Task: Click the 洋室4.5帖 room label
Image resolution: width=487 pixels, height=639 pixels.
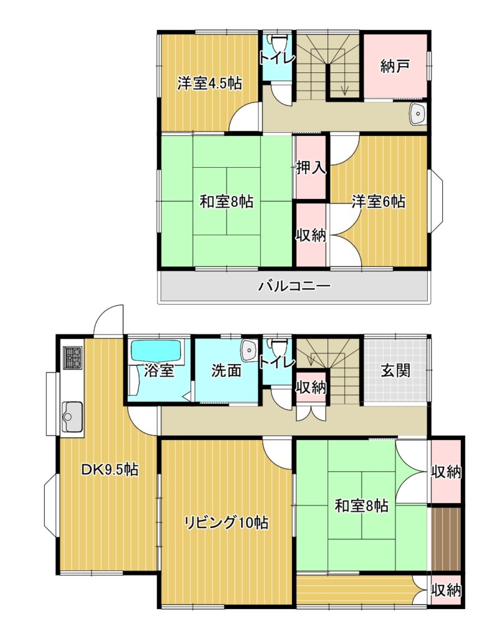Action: point(210,83)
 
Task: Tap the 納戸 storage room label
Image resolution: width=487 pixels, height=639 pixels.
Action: point(395,66)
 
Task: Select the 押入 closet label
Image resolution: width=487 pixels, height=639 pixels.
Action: point(311,167)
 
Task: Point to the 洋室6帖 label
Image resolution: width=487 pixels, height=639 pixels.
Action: point(379,202)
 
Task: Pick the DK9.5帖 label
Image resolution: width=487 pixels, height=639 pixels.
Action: point(110,469)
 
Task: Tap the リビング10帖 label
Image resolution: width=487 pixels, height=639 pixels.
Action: point(226,522)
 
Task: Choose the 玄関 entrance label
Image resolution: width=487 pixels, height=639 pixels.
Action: point(395,371)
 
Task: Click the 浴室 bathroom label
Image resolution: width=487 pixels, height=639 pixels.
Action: point(159,371)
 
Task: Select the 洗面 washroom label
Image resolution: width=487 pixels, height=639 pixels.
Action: point(226,370)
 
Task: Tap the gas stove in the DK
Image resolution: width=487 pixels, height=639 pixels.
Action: point(73,358)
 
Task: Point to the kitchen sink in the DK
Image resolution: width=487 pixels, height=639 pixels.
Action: point(72,416)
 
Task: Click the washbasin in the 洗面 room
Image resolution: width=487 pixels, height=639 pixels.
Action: point(249,351)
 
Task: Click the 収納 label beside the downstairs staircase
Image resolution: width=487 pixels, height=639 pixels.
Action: point(312,388)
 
